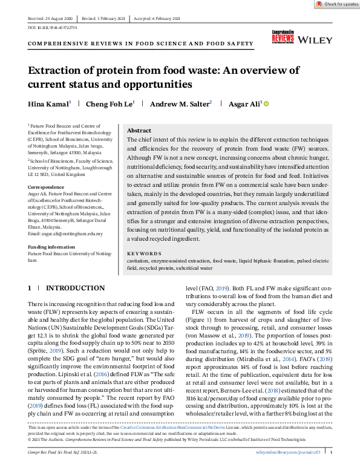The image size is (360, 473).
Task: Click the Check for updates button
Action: [x=336, y=4]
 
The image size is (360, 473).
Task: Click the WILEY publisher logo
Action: [x=315, y=40]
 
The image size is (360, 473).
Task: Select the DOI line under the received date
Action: [x=53, y=28]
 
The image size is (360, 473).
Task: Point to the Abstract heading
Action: [x=139, y=130]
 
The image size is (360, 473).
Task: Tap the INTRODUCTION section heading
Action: [x=76, y=288]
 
